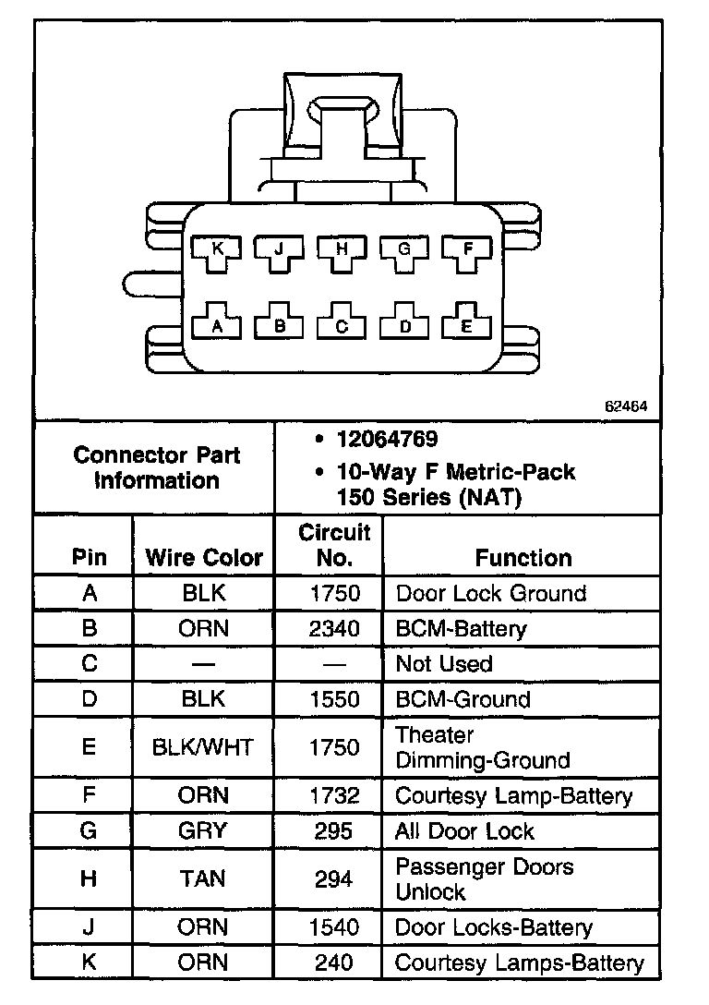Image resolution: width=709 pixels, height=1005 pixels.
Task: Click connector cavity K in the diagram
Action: click(x=217, y=250)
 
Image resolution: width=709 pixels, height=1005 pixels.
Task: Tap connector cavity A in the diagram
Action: click(x=217, y=324)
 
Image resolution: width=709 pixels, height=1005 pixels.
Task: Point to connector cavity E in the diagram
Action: click(x=466, y=324)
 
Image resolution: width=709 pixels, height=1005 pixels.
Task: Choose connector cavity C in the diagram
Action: click(x=342, y=324)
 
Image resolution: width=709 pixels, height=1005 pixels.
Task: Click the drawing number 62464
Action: click(x=626, y=405)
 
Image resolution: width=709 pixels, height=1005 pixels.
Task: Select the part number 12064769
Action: click(x=388, y=440)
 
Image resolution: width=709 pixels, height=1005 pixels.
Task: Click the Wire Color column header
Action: click(x=204, y=558)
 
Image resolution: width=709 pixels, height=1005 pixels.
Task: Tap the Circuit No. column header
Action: click(x=334, y=545)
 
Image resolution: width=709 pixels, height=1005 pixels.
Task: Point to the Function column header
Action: click(x=523, y=558)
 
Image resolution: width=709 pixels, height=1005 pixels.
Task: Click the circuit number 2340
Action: click(x=334, y=629)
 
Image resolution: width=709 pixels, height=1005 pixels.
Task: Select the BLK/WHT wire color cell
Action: click(x=204, y=747)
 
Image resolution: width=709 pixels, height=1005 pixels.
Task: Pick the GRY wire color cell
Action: click(x=204, y=830)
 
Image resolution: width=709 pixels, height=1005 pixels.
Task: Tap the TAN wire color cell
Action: click(x=204, y=878)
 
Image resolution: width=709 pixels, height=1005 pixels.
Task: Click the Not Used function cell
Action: click(x=444, y=664)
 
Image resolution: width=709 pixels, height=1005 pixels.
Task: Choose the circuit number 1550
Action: click(x=334, y=699)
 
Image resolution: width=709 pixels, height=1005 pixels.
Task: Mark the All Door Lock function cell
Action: click(x=464, y=830)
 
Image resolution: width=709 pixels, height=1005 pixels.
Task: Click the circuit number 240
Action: click(x=334, y=963)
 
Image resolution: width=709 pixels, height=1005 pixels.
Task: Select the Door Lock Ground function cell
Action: click(x=490, y=593)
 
